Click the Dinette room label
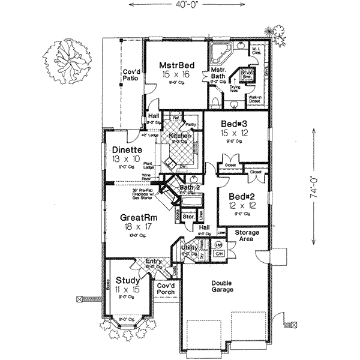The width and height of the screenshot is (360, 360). (x=126, y=150)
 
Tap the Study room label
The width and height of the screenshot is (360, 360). (x=128, y=280)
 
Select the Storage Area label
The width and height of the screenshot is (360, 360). (x=246, y=235)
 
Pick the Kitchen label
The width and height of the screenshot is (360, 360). (x=179, y=137)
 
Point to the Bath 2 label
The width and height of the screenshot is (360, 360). (x=190, y=188)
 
